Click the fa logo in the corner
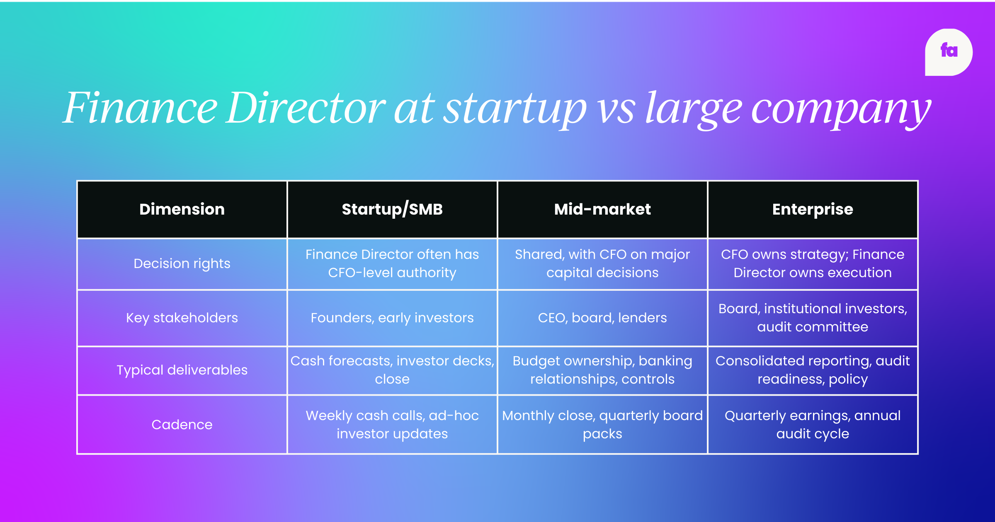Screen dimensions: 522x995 pyautogui.click(x=949, y=52)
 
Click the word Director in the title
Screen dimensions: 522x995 pyautogui.click(x=306, y=109)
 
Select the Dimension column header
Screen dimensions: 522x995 pyautogui.click(x=182, y=209)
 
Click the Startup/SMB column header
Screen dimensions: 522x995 pyautogui.click(x=392, y=209)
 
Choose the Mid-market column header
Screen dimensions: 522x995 pyautogui.click(x=602, y=209)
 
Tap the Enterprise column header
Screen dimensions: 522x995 pyautogui.click(x=813, y=209)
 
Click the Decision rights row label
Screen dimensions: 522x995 pyautogui.click(x=182, y=263)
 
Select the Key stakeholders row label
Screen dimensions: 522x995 pyautogui.click(x=182, y=318)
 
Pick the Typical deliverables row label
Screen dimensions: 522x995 pyautogui.click(x=182, y=370)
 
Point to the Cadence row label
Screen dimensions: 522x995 pyautogui.click(x=182, y=425)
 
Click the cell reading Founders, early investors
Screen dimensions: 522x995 pyautogui.click(x=392, y=318)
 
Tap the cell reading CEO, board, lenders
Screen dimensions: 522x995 pyautogui.click(x=602, y=318)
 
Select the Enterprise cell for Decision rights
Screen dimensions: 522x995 pyautogui.click(x=813, y=263)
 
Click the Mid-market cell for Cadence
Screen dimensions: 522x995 pyautogui.click(x=602, y=425)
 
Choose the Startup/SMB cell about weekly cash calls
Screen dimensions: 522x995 pyautogui.click(x=392, y=425)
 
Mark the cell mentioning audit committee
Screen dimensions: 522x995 pyautogui.click(x=813, y=318)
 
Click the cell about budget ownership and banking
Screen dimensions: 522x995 pyautogui.click(x=602, y=370)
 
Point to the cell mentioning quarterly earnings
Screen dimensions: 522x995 pyautogui.click(x=813, y=425)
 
